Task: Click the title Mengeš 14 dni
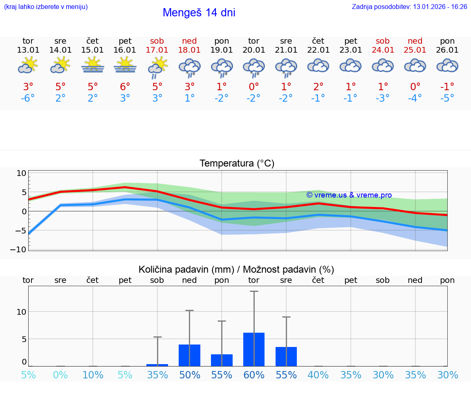(x=199, y=13)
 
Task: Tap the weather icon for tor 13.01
(x=28, y=65)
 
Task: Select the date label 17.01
(x=157, y=50)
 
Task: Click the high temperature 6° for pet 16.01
(x=125, y=87)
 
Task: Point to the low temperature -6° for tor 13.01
(x=28, y=98)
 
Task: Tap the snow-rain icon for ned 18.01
(x=189, y=67)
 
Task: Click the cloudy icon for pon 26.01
(x=447, y=65)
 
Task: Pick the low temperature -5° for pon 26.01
(x=447, y=98)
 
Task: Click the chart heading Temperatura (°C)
(x=237, y=164)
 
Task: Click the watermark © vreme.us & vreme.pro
(x=349, y=195)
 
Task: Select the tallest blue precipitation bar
(x=254, y=349)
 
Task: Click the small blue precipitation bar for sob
(x=157, y=365)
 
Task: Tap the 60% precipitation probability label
(x=254, y=375)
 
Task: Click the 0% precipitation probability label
(x=60, y=375)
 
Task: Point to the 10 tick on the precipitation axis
(x=21, y=312)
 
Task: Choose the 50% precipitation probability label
(x=189, y=375)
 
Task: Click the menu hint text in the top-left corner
(x=46, y=7)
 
